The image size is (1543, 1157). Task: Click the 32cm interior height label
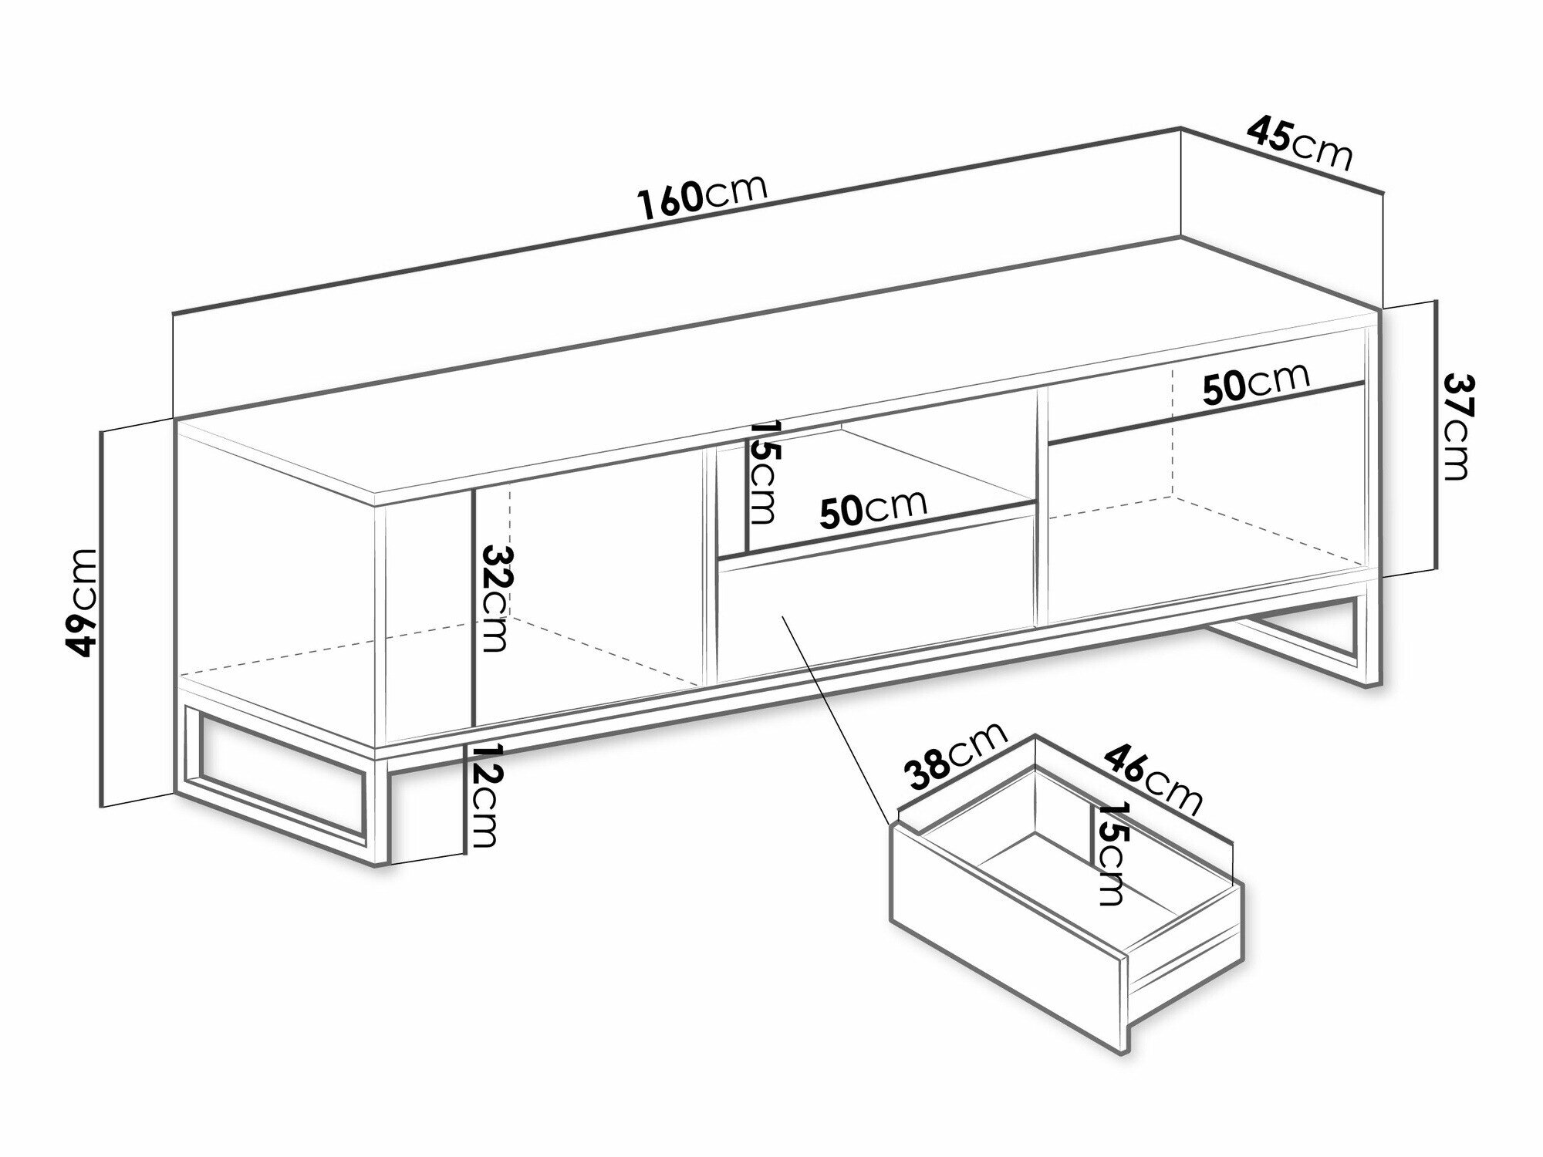coord(495,599)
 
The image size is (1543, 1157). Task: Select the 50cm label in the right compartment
coord(1256,383)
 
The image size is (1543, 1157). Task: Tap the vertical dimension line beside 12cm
coord(465,798)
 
